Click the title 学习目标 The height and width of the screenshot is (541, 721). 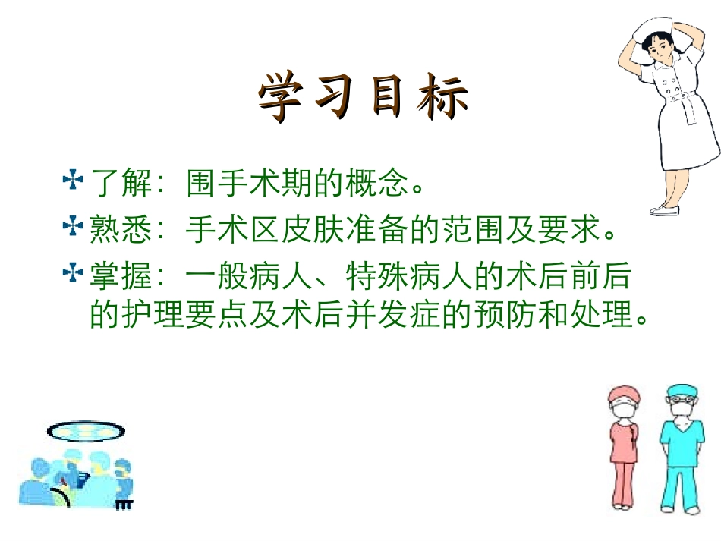pyautogui.click(x=364, y=97)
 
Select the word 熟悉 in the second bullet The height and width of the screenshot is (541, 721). pyautogui.click(x=113, y=230)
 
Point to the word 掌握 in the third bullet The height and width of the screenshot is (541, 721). pyautogui.click(x=113, y=277)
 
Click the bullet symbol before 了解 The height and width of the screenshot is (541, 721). pyautogui.click(x=73, y=181)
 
